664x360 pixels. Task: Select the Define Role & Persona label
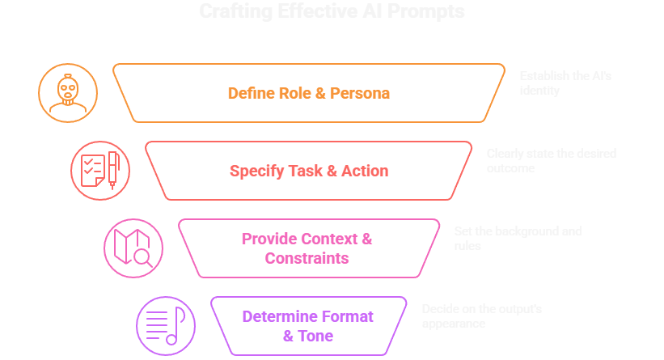click(308, 93)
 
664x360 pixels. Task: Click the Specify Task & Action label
click(308, 171)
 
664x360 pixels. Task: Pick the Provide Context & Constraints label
click(307, 248)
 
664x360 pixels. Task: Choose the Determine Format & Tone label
click(307, 325)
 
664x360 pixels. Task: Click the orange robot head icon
click(68, 93)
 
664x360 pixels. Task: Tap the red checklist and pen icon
click(100, 170)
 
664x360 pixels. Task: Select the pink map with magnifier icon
click(133, 248)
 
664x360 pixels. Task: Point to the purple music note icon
click(166, 325)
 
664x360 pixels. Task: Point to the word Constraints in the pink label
click(307, 258)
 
